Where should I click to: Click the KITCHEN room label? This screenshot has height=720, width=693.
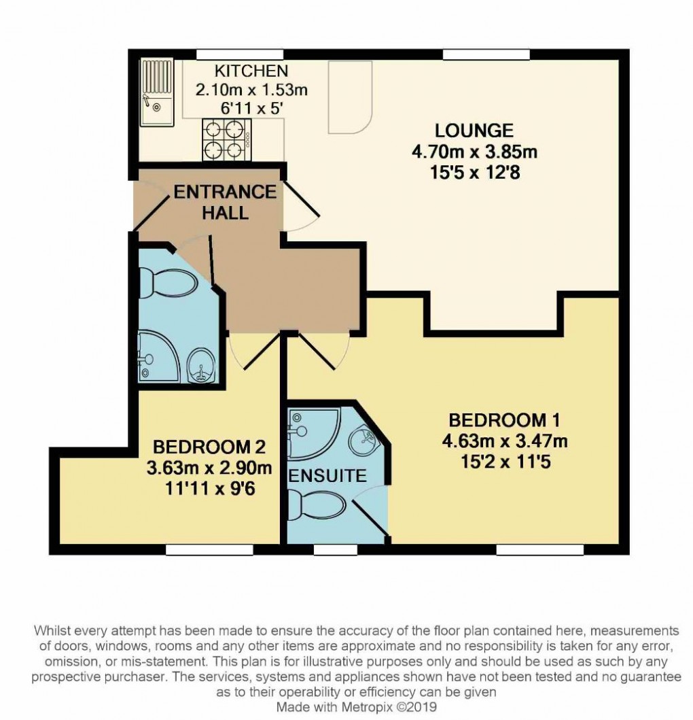[x=251, y=71]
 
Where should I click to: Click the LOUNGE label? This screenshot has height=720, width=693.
[x=474, y=130]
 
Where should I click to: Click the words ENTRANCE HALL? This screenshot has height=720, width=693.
[x=225, y=202]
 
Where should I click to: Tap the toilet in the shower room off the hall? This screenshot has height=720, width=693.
[x=158, y=280]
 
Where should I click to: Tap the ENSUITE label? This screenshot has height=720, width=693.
[x=327, y=475]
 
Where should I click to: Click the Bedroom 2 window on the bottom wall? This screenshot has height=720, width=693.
[x=200, y=549]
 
